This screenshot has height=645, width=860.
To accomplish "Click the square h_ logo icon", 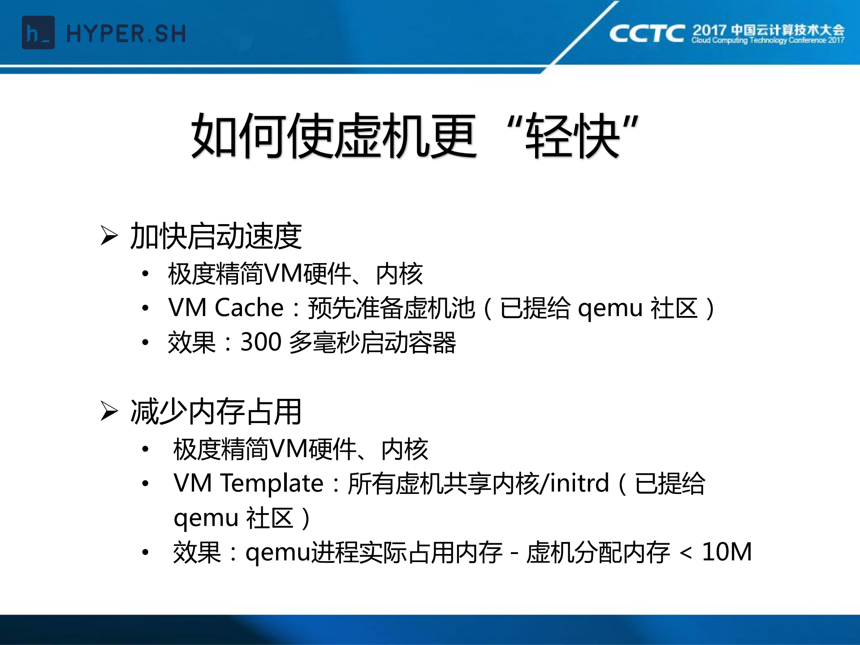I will click(x=38, y=33).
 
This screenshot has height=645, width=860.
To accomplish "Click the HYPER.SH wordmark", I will click(x=126, y=34).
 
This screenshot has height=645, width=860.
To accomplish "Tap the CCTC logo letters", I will click(x=647, y=33).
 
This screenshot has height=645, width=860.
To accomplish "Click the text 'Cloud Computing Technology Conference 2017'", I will click(x=768, y=40).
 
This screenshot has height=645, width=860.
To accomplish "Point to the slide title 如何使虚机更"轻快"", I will click(x=415, y=136).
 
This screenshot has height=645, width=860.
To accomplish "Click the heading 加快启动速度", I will click(x=216, y=236).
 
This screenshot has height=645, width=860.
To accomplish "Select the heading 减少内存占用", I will click(x=216, y=411).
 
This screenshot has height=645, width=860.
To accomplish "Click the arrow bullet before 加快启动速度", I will click(x=109, y=236).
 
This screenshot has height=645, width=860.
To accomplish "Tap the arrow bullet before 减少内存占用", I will click(x=109, y=411).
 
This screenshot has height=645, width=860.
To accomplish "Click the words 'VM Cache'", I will click(x=226, y=308).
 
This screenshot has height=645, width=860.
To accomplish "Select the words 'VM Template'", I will click(x=248, y=483).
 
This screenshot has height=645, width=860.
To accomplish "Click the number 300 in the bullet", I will click(x=261, y=342).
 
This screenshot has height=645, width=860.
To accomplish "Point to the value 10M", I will click(x=726, y=552).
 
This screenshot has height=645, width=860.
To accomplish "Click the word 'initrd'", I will click(x=579, y=483).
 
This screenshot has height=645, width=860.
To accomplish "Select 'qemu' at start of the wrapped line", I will click(x=206, y=519).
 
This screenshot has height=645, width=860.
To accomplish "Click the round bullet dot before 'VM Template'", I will click(x=145, y=484).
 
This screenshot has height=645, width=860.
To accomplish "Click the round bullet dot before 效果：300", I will click(x=145, y=342).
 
